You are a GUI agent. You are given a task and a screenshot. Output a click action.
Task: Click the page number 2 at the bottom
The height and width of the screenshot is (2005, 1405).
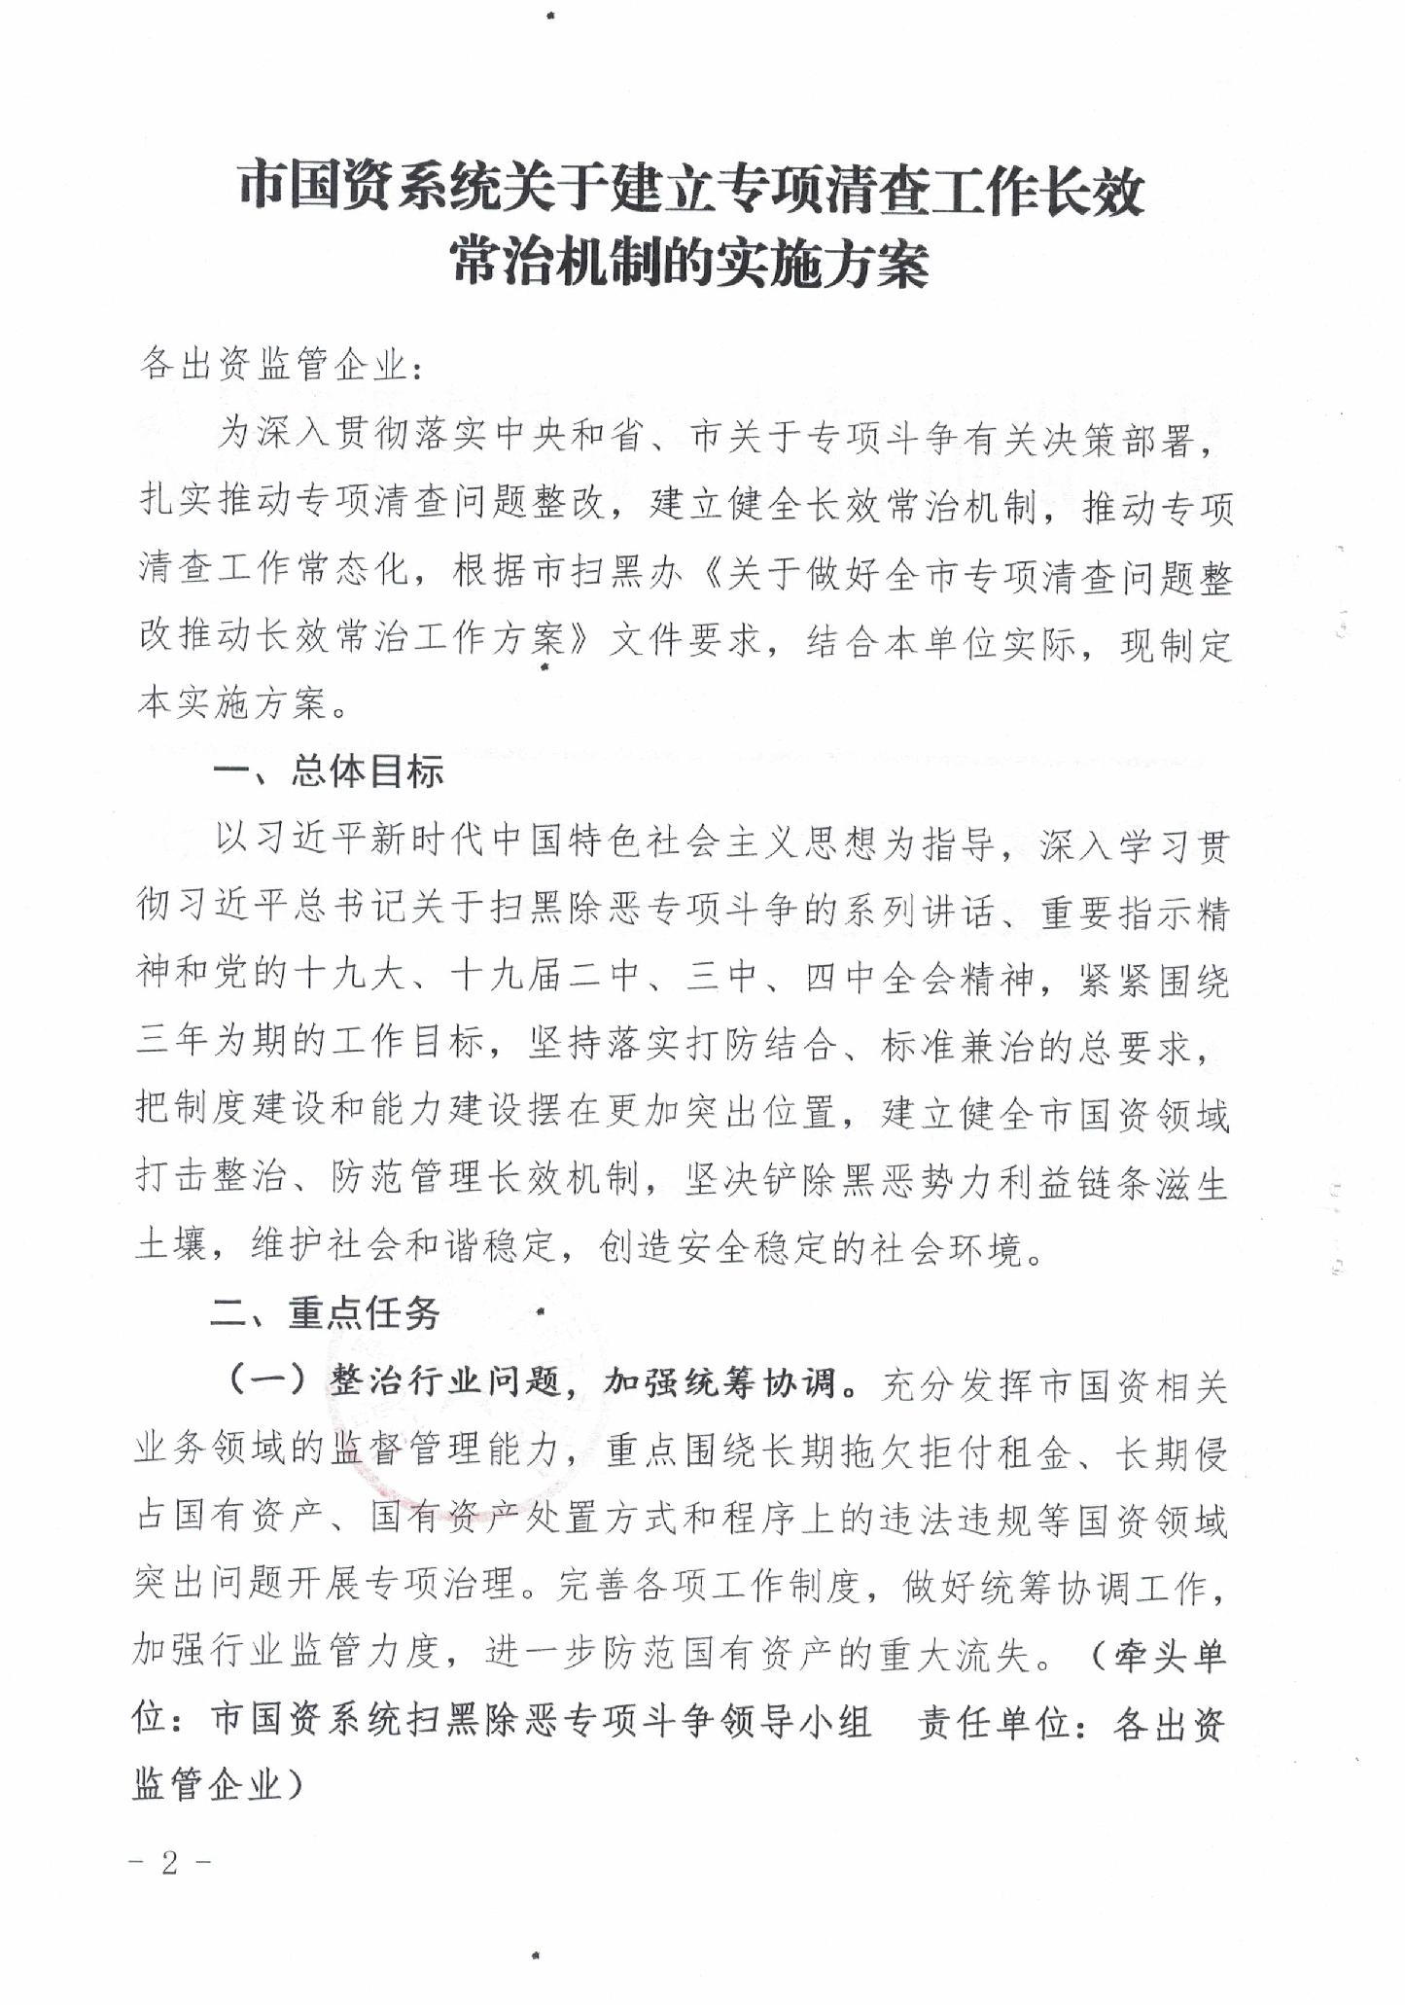169,1863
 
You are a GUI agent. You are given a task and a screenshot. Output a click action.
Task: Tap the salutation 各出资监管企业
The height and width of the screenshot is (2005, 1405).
273,365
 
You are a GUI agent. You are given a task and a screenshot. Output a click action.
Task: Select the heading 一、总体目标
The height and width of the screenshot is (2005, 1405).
329,771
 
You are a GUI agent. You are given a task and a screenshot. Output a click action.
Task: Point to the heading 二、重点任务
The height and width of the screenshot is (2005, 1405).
326,1313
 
